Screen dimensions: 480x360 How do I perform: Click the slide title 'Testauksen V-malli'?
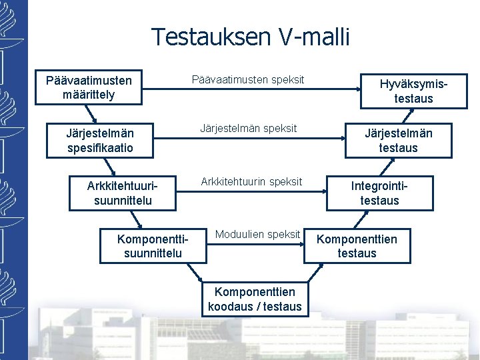click(x=250, y=37)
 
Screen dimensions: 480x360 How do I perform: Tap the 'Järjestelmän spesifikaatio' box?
click(x=100, y=140)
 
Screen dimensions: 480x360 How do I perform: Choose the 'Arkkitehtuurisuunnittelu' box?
click(x=119, y=193)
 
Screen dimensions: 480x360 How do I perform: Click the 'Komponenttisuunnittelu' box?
click(x=153, y=246)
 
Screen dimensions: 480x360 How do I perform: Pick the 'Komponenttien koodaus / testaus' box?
click(x=255, y=299)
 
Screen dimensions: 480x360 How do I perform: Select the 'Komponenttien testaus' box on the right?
click(x=357, y=246)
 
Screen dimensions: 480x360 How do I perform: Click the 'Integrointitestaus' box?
click(x=379, y=193)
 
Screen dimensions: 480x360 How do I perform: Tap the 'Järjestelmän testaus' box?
click(x=398, y=140)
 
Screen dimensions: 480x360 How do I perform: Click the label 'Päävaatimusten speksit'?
click(x=248, y=79)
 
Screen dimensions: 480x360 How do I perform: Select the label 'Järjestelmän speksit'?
click(x=249, y=127)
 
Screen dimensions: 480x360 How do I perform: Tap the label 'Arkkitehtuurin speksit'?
click(x=251, y=181)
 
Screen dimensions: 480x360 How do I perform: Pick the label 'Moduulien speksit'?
click(x=257, y=234)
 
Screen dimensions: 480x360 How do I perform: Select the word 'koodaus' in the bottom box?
click(x=230, y=307)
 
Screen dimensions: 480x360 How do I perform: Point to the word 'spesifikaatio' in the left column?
click(x=100, y=147)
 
